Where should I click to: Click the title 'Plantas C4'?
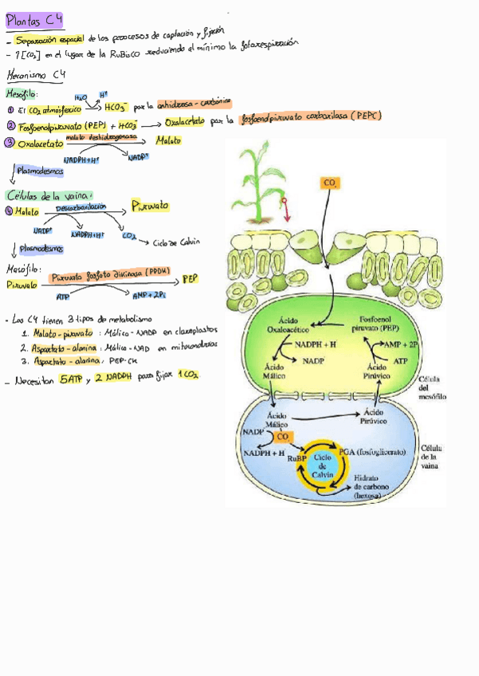[34, 20]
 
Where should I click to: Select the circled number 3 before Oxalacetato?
[10, 143]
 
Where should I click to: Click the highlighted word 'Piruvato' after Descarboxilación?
[151, 206]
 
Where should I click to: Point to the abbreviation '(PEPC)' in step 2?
[361, 116]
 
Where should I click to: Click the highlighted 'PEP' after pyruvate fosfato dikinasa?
[189, 279]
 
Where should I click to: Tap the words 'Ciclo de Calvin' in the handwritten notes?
[177, 242]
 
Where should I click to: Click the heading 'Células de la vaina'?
[49, 195]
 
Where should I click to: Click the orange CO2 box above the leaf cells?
[330, 183]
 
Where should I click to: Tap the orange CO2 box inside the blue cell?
[283, 436]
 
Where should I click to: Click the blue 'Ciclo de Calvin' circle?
[323, 464]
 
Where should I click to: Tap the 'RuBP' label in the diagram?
[296, 460]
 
